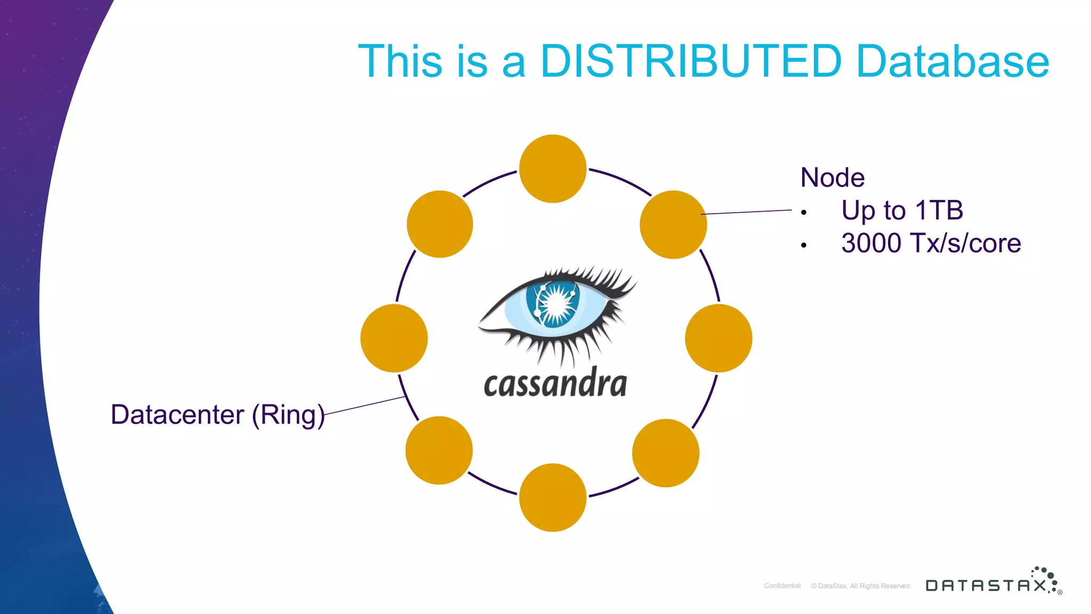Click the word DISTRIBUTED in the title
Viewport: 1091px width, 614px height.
[690, 61]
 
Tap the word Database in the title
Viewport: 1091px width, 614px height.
[952, 61]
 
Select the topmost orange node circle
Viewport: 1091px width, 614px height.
[553, 168]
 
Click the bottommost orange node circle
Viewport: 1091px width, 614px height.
[553, 497]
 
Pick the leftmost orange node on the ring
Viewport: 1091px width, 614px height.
[394, 338]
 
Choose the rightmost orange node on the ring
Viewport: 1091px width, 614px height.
[719, 338]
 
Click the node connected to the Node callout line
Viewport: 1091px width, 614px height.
[673, 224]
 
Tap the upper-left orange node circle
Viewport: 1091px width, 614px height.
[440, 224]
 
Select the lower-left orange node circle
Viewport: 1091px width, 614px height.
[439, 450]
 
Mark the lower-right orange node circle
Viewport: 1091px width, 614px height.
[666, 453]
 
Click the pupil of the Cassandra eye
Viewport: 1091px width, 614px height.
[556, 304]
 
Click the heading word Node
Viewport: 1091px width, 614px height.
[832, 177]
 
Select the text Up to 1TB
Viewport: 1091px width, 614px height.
[902, 210]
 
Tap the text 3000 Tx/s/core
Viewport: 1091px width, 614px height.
[931, 243]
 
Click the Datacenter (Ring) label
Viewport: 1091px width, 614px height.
[217, 415]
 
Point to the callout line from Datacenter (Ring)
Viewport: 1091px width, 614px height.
[365, 405]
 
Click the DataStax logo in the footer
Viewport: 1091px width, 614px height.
[993, 584]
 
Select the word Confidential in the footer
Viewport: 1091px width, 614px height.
[782, 586]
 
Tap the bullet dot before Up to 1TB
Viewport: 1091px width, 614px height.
[803, 213]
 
